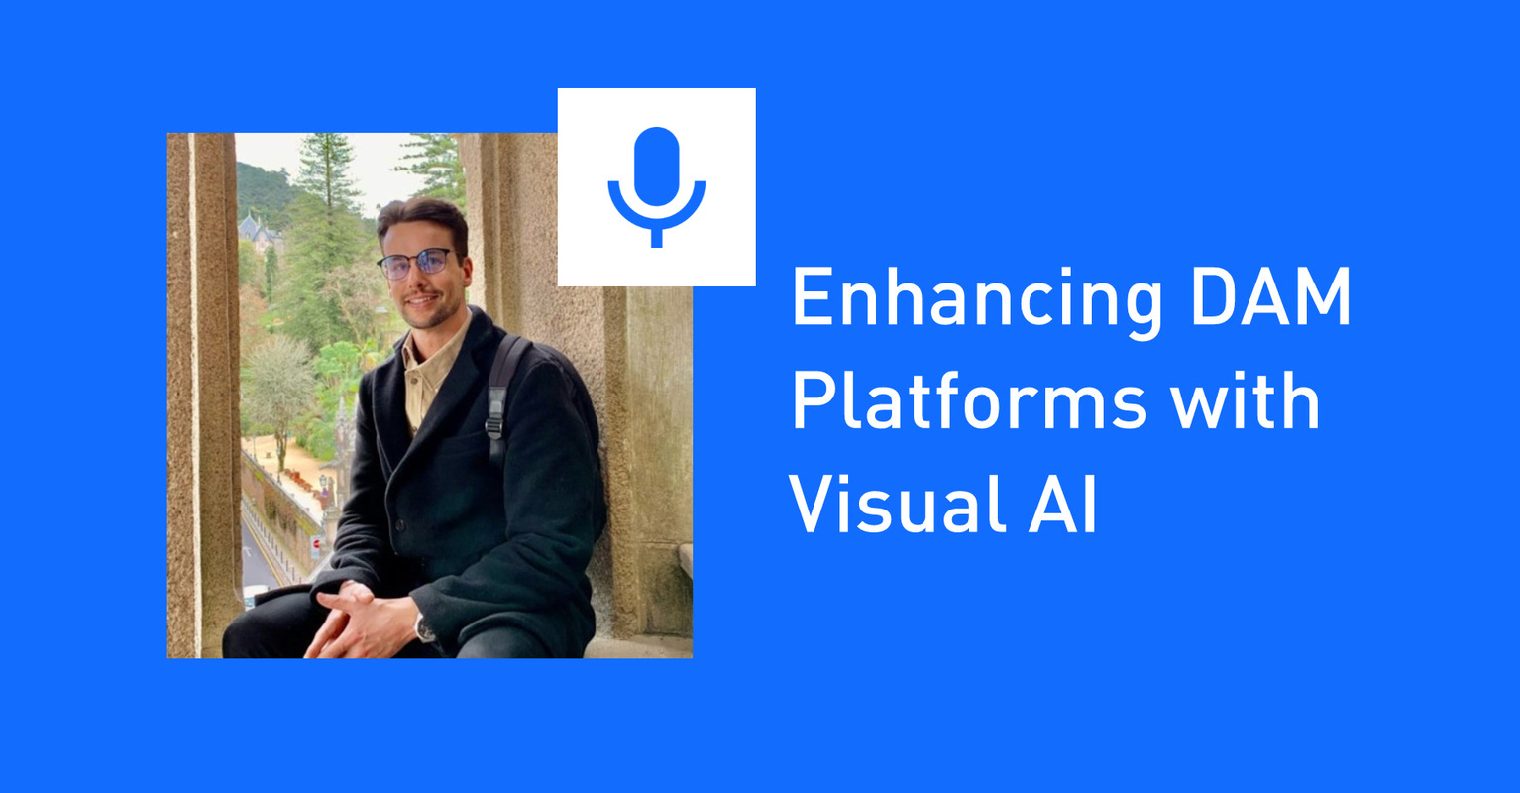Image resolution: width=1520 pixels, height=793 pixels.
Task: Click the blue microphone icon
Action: tap(656, 186)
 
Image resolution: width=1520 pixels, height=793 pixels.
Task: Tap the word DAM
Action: tap(1270, 298)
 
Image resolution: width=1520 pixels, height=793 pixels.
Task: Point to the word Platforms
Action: tap(968, 403)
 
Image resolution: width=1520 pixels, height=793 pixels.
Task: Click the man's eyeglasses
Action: tap(416, 264)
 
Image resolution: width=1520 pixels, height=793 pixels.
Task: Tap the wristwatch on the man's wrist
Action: tap(425, 627)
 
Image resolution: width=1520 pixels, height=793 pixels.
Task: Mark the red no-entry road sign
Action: tap(316, 543)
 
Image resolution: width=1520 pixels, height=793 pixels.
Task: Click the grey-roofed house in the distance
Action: tap(256, 231)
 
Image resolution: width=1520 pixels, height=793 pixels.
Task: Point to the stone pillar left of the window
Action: tap(204, 396)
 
